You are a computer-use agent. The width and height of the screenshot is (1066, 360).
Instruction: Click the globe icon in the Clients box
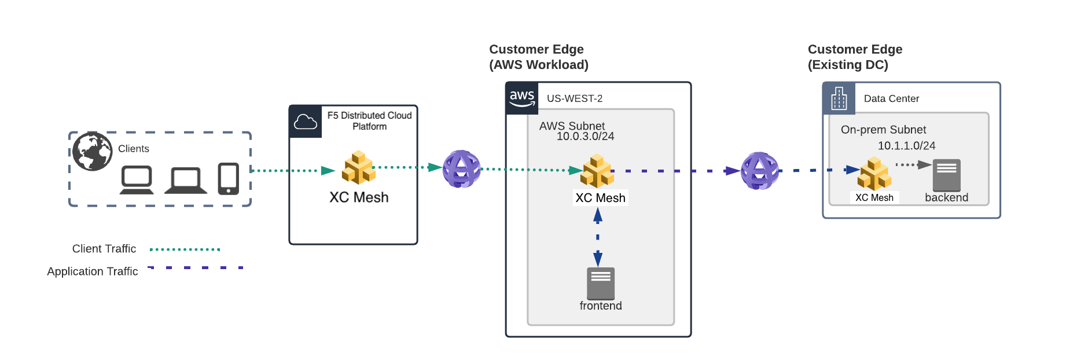pos(93,151)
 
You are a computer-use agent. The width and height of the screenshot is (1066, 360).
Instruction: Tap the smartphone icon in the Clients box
pos(229,179)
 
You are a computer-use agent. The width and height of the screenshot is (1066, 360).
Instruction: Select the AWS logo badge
pos(522,98)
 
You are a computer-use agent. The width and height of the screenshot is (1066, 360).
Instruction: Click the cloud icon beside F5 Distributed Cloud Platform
pos(306,122)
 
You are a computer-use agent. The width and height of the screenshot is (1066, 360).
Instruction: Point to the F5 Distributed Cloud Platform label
pos(370,121)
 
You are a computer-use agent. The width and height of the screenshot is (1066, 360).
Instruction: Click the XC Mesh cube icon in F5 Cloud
pos(359,168)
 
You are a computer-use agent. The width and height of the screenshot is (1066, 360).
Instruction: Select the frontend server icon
pos(601,283)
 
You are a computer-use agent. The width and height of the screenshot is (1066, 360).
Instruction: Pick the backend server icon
pos(947,174)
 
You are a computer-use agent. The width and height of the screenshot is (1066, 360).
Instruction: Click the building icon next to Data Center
pos(839,98)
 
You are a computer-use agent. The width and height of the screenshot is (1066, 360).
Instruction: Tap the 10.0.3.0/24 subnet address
pos(585,137)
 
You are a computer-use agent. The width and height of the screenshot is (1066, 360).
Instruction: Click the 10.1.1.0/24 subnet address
pos(906,146)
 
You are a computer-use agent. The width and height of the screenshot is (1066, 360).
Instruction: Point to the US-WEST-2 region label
pos(575,98)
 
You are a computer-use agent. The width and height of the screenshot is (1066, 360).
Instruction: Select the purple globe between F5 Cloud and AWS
pos(461,169)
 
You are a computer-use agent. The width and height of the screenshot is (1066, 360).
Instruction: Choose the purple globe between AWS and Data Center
pos(760,171)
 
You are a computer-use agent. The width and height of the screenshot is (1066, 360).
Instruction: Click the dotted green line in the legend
pos(185,249)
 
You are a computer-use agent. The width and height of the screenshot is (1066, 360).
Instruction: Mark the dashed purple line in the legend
pos(196,268)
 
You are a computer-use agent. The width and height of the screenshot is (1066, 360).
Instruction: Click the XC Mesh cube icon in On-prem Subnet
pos(874,174)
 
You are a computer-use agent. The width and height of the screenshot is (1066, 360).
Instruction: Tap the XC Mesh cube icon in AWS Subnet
pos(597,171)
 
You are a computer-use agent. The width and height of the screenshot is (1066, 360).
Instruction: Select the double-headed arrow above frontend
pos(598,237)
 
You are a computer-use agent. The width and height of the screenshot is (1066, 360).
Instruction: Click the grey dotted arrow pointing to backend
pos(913,165)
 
